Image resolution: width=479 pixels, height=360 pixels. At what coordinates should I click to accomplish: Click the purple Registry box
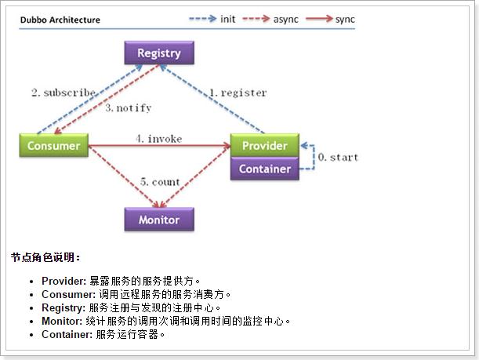(158, 53)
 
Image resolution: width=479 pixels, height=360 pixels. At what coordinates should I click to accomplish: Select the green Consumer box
(53, 146)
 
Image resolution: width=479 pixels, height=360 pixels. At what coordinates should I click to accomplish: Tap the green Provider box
(264, 146)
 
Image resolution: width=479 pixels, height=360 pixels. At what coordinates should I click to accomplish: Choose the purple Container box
(264, 169)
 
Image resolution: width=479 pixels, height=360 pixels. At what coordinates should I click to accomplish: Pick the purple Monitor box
(158, 220)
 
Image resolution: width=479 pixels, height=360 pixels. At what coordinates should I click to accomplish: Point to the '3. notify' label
(128, 107)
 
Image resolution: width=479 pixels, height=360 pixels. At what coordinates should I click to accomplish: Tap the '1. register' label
(237, 93)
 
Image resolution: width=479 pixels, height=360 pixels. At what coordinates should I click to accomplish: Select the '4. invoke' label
(158, 139)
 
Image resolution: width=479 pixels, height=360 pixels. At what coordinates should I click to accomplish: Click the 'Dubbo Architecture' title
(60, 20)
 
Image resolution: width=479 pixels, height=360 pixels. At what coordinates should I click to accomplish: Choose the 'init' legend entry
(227, 19)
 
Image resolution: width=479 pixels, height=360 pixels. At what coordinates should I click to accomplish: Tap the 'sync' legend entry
(345, 19)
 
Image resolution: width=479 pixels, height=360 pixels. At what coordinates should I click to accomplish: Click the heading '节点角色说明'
(45, 257)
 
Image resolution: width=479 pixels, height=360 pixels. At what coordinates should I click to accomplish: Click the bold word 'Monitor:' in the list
(64, 321)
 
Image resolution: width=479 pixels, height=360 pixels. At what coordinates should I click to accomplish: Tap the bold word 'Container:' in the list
(67, 334)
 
